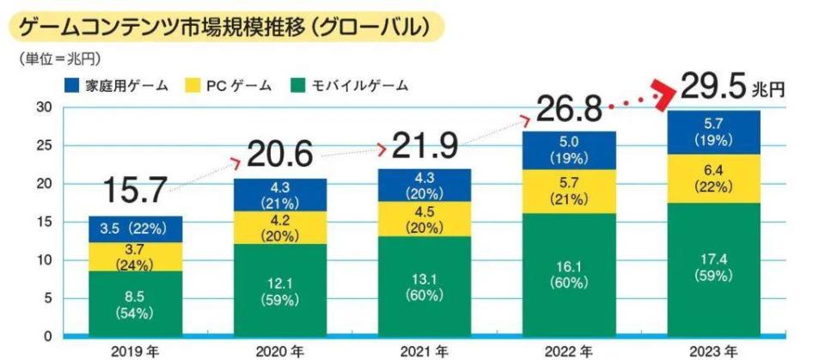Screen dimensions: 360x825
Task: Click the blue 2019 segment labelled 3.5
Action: click(135, 229)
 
